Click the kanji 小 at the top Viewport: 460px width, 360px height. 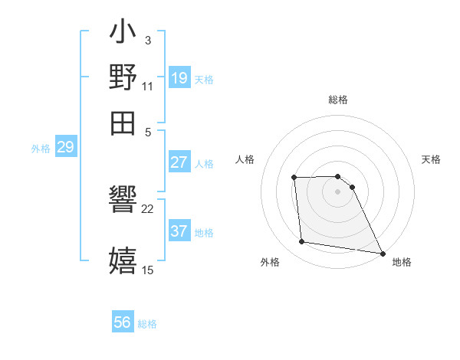pos(123,34)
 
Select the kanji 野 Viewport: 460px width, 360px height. pos(123,78)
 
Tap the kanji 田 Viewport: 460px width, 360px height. pos(123,123)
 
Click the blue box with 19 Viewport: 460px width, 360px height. pos(179,77)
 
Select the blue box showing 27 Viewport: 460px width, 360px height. pos(179,162)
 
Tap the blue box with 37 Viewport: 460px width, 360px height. pos(179,231)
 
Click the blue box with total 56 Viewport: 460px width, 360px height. pos(123,322)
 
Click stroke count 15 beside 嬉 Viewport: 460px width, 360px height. pos(148,270)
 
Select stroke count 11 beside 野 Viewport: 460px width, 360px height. pos(148,87)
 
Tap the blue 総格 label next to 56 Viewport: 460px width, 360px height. pos(147,324)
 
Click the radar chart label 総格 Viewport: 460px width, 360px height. pos(338,100)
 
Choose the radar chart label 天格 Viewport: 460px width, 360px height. pos(431,159)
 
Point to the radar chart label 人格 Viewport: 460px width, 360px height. pos(245,159)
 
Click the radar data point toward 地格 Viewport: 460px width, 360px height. pos(383,253)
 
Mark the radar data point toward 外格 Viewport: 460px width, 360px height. pos(302,242)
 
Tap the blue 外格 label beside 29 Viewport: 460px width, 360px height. pos(40,149)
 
